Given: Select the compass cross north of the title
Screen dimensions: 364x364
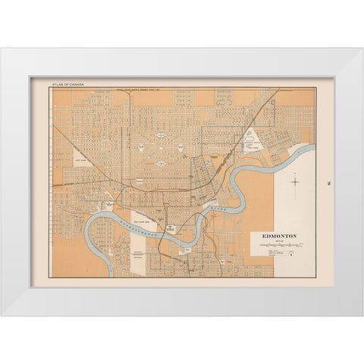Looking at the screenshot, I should pyautogui.click(x=296, y=181).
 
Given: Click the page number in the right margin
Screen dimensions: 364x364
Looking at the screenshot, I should pyautogui.click(x=325, y=181).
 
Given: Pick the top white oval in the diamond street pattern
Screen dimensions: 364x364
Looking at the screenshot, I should pyautogui.click(x=162, y=134).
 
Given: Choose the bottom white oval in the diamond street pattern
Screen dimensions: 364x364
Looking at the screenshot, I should pyautogui.click(x=162, y=162).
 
